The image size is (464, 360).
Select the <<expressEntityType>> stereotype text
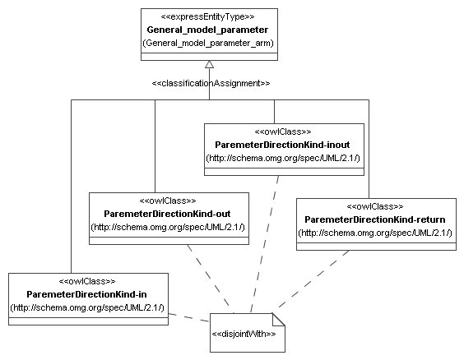(x=209, y=16)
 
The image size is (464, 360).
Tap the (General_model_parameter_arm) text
(x=209, y=43)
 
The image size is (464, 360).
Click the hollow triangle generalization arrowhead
(x=210, y=65)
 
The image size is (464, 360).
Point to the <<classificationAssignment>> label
(x=211, y=83)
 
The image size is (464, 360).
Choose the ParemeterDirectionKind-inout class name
(x=282, y=144)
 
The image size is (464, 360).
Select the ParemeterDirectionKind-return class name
(x=375, y=219)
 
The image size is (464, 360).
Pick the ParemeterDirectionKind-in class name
(x=87, y=294)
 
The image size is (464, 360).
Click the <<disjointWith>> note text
(x=244, y=334)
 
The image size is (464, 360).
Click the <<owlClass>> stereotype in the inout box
(x=282, y=131)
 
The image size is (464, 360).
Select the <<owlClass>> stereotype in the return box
(x=375, y=206)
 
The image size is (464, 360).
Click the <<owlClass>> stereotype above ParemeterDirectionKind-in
(x=87, y=281)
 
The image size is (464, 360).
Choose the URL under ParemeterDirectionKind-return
(x=375, y=233)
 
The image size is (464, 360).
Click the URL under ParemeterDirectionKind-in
(x=87, y=307)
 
